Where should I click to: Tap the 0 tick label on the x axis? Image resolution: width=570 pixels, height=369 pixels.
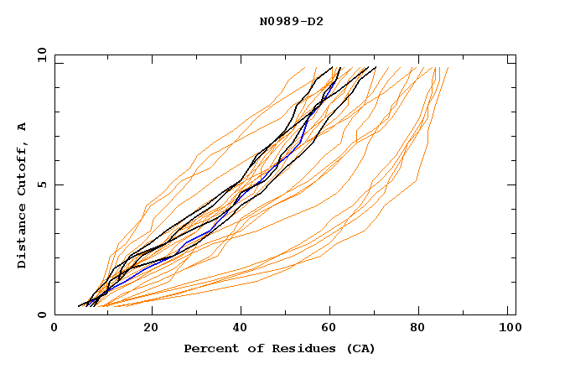[54, 330]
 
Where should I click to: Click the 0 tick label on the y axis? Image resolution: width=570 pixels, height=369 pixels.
[41, 315]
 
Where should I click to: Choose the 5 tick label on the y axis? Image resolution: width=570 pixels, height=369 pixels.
[41, 184]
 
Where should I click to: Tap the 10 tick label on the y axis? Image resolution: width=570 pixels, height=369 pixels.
[39, 55]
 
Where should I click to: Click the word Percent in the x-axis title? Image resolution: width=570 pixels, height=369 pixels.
[210, 348]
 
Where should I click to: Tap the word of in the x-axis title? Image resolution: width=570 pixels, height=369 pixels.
[253, 348]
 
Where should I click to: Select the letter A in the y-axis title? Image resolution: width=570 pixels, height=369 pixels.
[23, 126]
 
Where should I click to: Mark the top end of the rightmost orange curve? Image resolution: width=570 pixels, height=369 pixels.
[448, 68]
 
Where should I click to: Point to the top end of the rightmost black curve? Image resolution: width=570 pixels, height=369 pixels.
[376, 67]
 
